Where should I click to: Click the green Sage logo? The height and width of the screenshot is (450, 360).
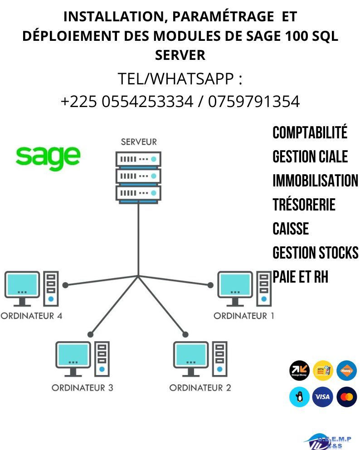pyautogui.click(x=48, y=157)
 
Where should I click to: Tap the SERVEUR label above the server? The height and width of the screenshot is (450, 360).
pyautogui.click(x=138, y=142)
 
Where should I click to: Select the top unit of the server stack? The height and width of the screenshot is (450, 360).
pyautogui.click(x=138, y=159)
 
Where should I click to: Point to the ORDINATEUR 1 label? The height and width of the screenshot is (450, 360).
pyautogui.click(x=243, y=316)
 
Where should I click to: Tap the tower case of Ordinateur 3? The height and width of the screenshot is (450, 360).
pyautogui.click(x=102, y=358)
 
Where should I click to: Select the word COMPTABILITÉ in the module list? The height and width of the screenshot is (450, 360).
pyautogui.click(x=310, y=133)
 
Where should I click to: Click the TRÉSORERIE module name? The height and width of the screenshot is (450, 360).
pyautogui.click(x=304, y=205)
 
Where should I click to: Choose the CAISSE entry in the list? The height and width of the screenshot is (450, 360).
pyautogui.click(x=291, y=229)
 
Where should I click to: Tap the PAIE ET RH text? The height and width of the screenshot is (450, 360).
pyautogui.click(x=300, y=277)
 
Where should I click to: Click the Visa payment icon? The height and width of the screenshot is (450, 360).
pyautogui.click(x=322, y=397)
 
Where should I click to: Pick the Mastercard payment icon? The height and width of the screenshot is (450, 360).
pyautogui.click(x=346, y=397)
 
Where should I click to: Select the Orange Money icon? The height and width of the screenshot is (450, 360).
pyautogui.click(x=299, y=371)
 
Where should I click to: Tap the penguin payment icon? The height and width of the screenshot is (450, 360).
pyautogui.click(x=299, y=397)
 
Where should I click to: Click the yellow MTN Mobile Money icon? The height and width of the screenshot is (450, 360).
pyautogui.click(x=322, y=371)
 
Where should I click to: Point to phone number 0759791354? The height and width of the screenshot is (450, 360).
pyautogui.click(x=254, y=102)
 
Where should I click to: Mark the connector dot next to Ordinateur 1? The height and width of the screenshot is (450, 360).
pyautogui.click(x=210, y=285)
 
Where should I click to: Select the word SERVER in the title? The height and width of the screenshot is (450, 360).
pyautogui.click(x=180, y=55)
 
